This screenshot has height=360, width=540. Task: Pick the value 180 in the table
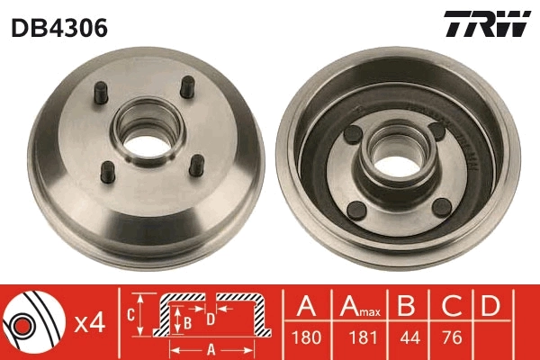coord(306,339)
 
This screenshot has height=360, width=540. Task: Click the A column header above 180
coord(306,306)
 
